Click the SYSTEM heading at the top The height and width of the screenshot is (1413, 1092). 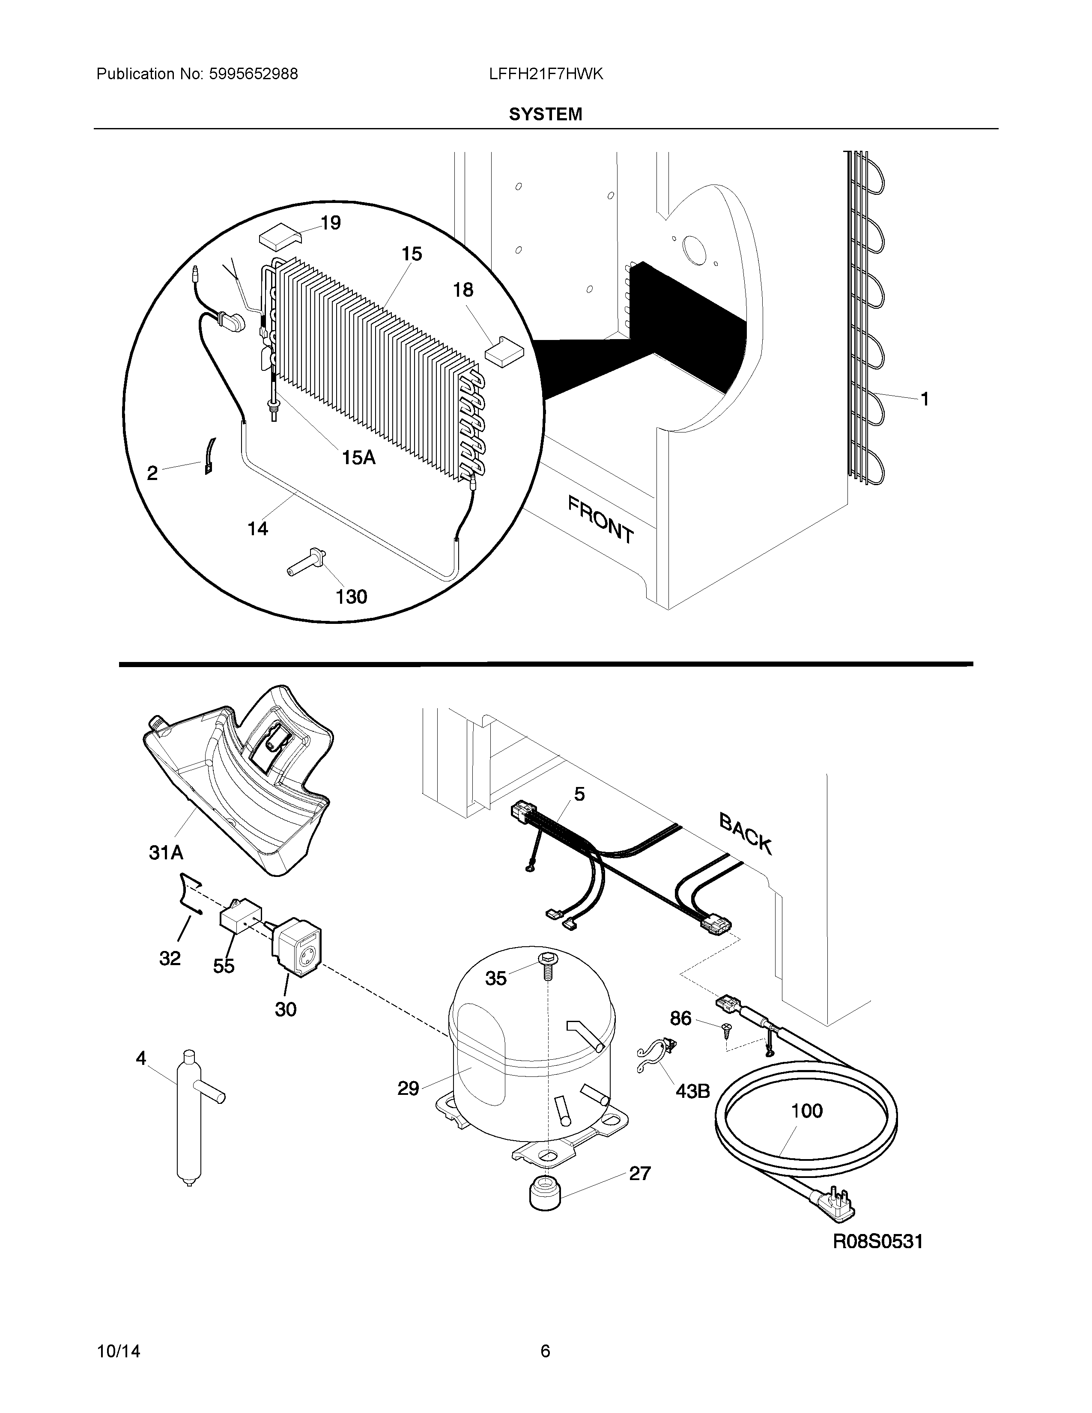545,114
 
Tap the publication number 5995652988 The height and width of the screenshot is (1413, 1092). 253,75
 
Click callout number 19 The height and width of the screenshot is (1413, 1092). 331,223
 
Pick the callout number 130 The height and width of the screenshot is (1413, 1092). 351,596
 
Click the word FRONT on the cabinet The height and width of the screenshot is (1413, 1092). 600,519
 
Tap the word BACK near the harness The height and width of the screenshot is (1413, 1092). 745,835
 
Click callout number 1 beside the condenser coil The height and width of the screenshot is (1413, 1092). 925,399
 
